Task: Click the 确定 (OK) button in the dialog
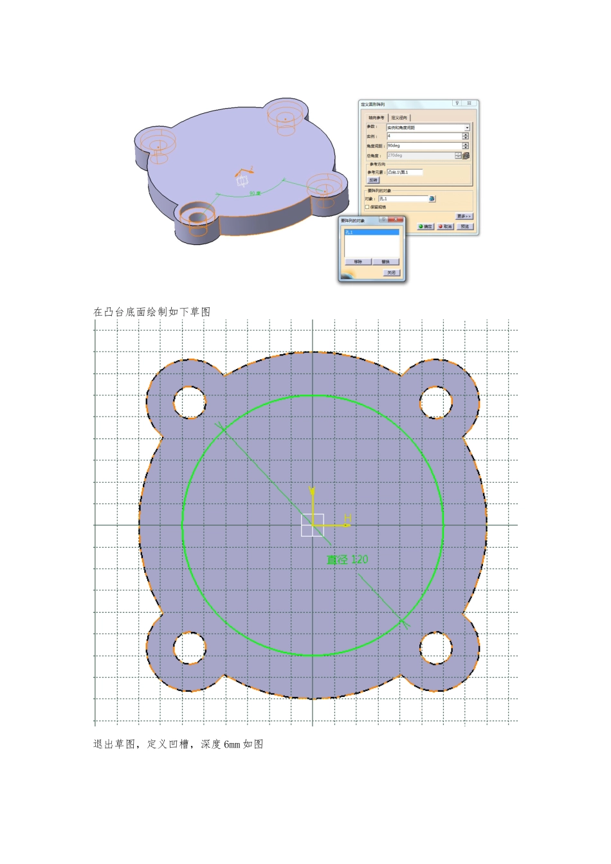pos(426,226)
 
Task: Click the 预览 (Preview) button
pos(464,226)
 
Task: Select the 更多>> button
pos(464,216)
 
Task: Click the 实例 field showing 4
pos(424,136)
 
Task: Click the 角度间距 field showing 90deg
pos(424,146)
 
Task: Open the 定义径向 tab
pos(399,118)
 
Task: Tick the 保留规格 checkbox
pos(367,207)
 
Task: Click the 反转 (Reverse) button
pos(374,180)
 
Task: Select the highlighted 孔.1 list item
pos(372,232)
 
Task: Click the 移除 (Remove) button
pos(358,262)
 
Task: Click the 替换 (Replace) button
pos(385,262)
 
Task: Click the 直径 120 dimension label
pos(347,560)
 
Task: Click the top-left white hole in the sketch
pos(190,402)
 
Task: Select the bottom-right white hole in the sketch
pos(436,647)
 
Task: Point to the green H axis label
pos(348,518)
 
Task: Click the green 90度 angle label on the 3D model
pos(255,193)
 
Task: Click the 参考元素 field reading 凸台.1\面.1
pos(405,172)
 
